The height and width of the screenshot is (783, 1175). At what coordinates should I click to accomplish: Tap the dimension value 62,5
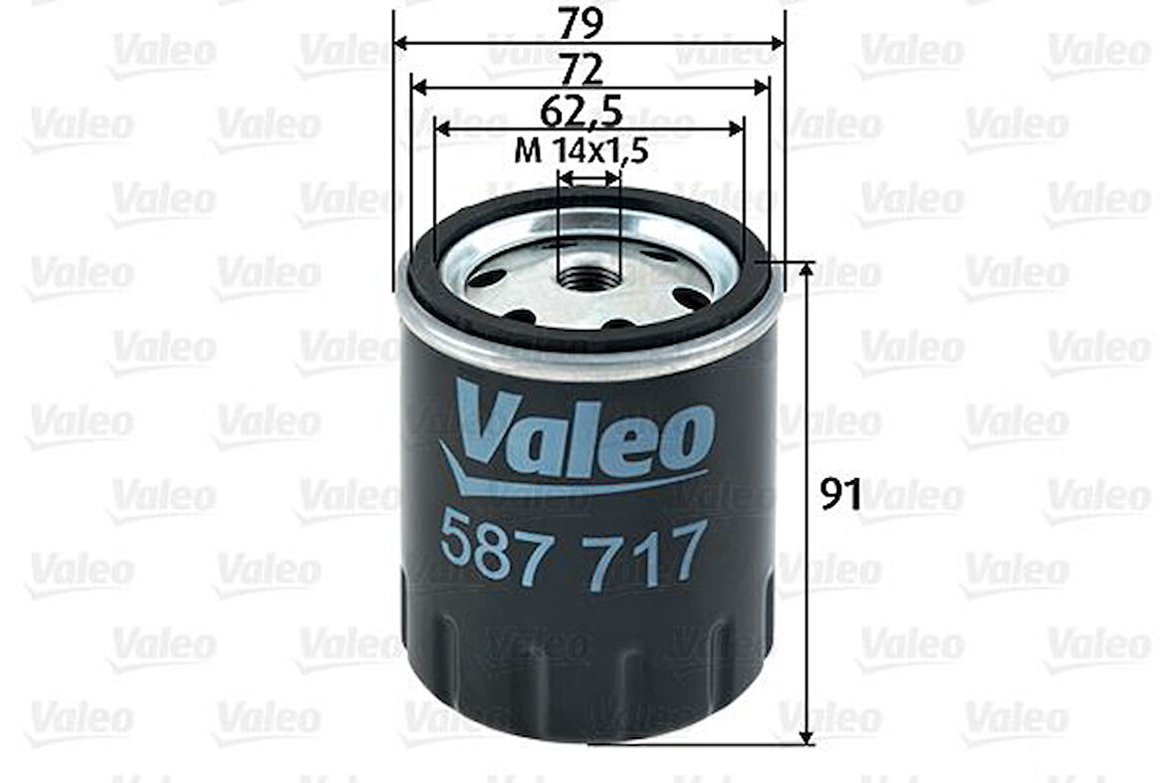(589, 110)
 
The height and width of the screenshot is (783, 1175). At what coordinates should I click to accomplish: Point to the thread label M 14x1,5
(582, 151)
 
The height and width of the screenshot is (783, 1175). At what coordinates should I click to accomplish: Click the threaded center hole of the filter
(587, 275)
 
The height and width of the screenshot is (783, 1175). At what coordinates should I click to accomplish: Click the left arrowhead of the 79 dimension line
(400, 44)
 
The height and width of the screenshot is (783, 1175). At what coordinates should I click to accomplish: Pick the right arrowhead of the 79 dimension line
(779, 44)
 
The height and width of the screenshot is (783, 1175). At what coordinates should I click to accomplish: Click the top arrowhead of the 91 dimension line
(808, 268)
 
